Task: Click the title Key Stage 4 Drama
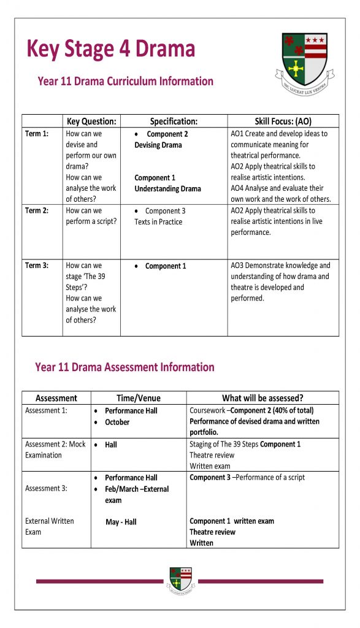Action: [x=110, y=48]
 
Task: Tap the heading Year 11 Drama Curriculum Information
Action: [x=125, y=81]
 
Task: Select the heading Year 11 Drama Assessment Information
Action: [x=124, y=367]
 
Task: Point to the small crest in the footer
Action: [x=180, y=580]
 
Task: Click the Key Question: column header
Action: [x=91, y=121]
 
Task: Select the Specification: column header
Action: [x=174, y=121]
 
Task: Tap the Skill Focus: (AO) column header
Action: [x=283, y=121]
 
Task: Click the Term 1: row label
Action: [x=37, y=134]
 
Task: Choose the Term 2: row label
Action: [x=37, y=211]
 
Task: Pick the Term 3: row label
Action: [x=37, y=266]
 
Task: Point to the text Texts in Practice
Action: [x=158, y=222]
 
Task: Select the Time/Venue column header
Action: [x=139, y=398]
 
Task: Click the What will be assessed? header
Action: [x=262, y=398]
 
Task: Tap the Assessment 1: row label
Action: [x=46, y=410]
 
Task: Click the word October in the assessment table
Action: [x=117, y=422]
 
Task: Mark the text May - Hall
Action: [x=121, y=522]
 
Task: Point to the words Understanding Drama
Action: [x=167, y=189]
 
